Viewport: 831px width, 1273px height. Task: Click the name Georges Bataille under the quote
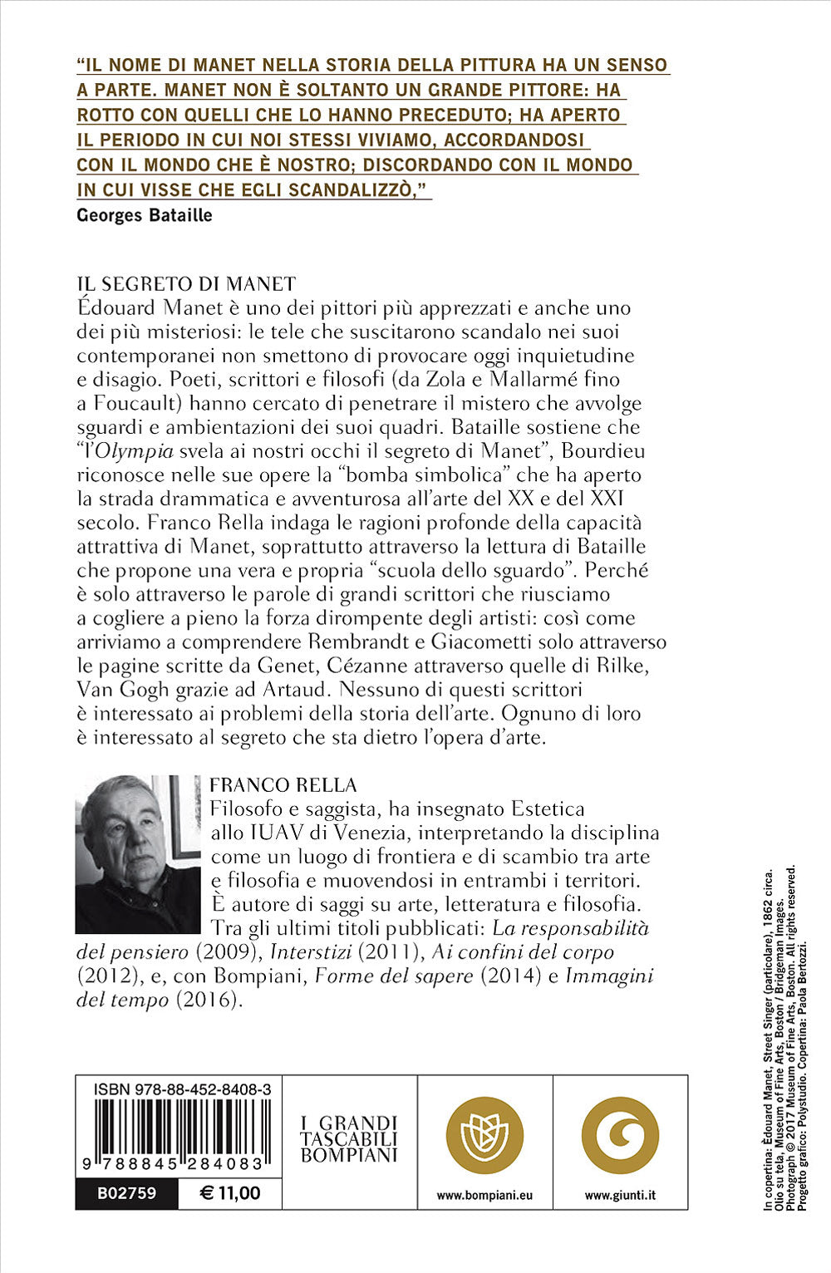pos(144,215)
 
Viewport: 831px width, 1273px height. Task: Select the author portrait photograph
pos(138,854)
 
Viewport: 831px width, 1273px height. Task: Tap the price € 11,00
pos(230,1193)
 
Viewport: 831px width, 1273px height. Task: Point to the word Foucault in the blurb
pos(125,404)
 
